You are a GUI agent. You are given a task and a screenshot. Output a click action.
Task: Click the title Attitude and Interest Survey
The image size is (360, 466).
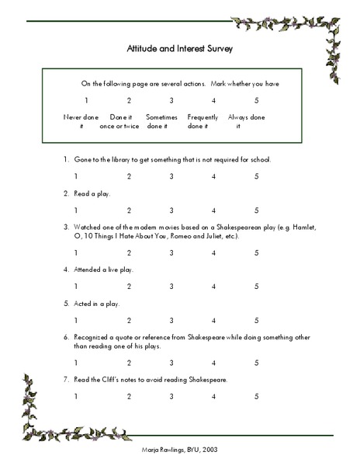[179, 48]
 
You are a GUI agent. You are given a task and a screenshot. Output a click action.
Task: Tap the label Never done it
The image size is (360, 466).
[81, 121]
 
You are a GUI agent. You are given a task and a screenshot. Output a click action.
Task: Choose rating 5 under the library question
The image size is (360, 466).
[256, 176]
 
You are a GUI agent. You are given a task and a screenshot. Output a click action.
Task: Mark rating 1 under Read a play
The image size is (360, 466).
[76, 210]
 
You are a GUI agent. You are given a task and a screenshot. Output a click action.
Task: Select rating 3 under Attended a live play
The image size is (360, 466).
[171, 286]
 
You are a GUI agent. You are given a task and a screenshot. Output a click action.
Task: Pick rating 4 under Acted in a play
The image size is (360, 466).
[213, 320]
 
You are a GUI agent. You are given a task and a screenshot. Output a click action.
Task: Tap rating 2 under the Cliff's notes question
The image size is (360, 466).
[129, 396]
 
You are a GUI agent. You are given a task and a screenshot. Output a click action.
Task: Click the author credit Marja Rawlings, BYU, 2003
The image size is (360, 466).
[179, 450]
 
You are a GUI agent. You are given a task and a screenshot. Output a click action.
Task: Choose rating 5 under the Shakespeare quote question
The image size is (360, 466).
[256, 363]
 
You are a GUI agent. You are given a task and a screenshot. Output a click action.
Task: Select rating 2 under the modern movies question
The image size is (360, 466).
[129, 252]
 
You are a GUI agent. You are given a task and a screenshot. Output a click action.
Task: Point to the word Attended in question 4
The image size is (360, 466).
[92, 270]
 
